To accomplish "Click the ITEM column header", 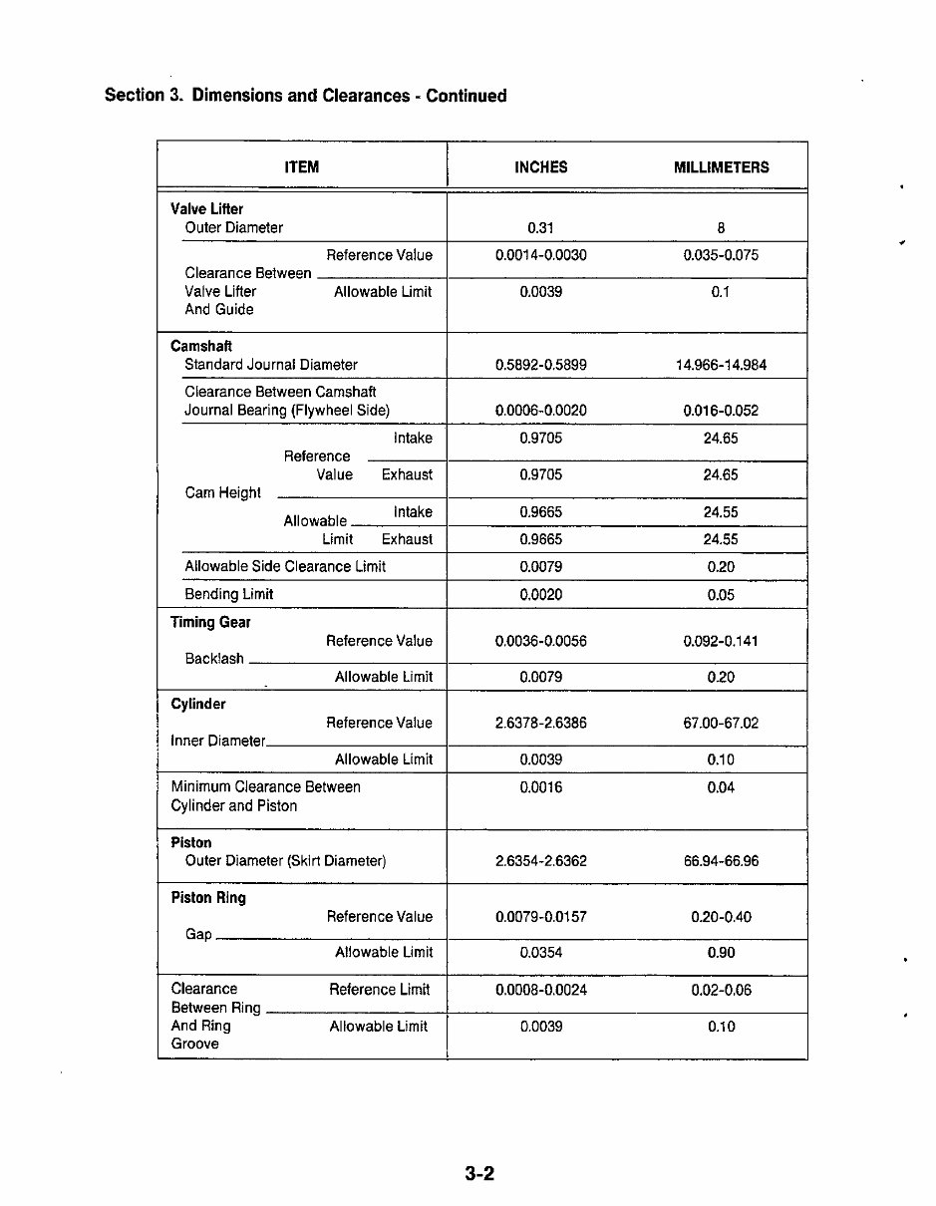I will point(301,167).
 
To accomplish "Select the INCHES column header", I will point(540,167).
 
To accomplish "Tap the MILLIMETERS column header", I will point(721,167).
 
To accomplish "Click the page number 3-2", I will point(478,1173).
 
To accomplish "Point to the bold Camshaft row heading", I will point(201,347).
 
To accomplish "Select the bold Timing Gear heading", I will point(210,622).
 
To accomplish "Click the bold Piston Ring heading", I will point(208,898).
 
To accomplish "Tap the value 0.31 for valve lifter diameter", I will point(540,228).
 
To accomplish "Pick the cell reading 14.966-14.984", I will point(721,365).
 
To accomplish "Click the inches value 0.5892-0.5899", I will point(540,365).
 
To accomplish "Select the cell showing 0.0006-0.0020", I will point(540,411).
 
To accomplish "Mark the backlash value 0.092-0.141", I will point(721,641).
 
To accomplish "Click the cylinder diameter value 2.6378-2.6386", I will point(540,723).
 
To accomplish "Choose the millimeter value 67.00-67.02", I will point(721,723).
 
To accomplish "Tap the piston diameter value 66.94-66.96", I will point(721,861).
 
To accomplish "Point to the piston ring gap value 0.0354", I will point(540,953).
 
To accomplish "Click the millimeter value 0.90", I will point(721,953).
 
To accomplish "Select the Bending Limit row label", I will point(228,594).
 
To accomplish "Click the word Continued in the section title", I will point(467,96).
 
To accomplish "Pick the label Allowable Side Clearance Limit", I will point(285,566).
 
